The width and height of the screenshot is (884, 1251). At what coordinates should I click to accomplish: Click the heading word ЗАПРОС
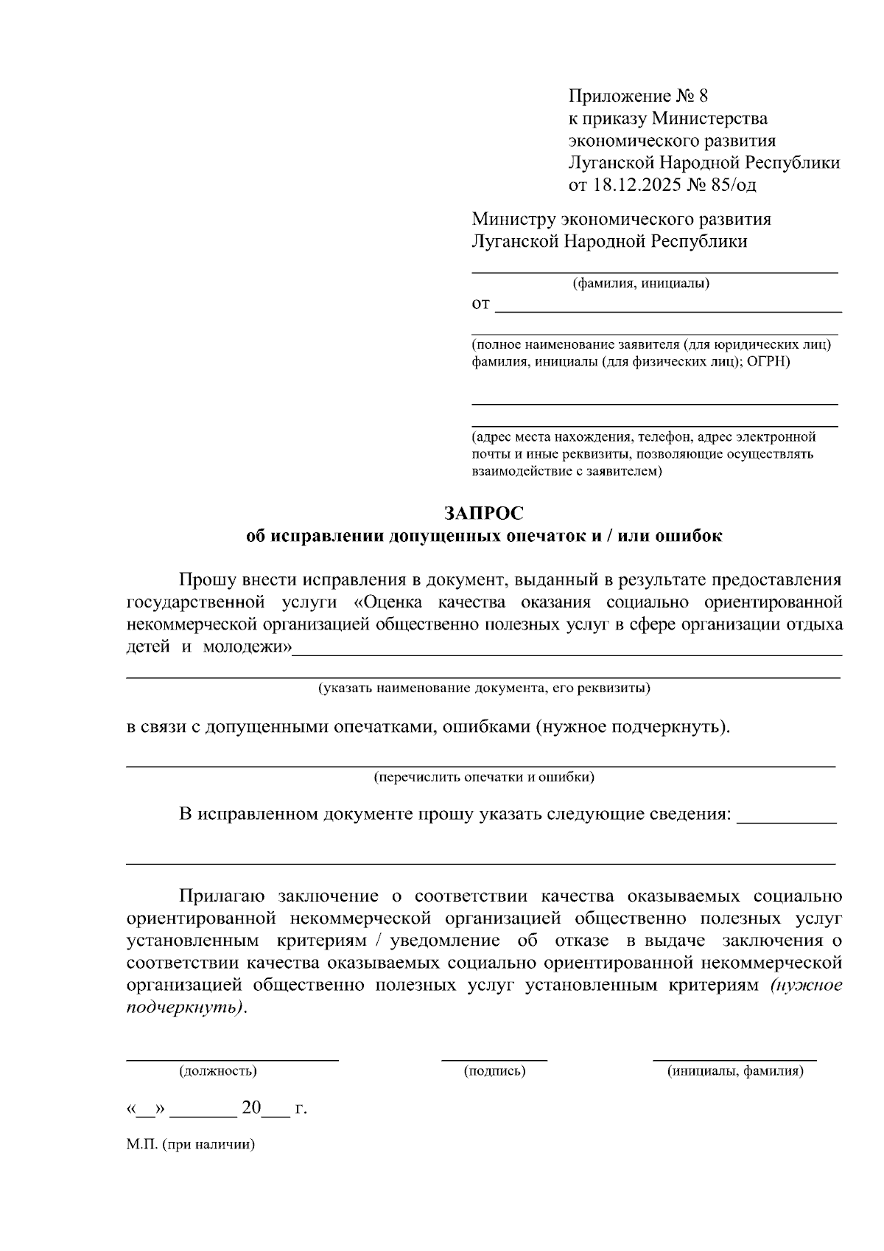(x=484, y=512)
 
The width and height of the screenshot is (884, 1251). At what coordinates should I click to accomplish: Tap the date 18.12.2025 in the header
(x=637, y=184)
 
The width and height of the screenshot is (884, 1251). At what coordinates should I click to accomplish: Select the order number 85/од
(x=734, y=184)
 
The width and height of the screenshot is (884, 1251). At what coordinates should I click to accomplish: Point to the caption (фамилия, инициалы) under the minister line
(x=641, y=283)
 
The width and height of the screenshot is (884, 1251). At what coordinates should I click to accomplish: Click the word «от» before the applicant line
(x=481, y=304)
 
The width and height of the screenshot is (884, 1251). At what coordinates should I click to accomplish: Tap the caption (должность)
(x=218, y=1071)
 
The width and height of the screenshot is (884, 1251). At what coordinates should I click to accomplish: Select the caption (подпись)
(x=494, y=1071)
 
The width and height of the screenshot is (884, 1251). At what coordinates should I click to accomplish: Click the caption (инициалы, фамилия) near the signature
(x=735, y=1071)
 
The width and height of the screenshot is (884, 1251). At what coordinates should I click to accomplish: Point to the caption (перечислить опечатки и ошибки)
(x=483, y=776)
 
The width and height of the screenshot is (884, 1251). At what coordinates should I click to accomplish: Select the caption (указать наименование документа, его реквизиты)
(x=483, y=689)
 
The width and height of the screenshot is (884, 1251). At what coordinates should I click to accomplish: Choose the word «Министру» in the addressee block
(x=514, y=219)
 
